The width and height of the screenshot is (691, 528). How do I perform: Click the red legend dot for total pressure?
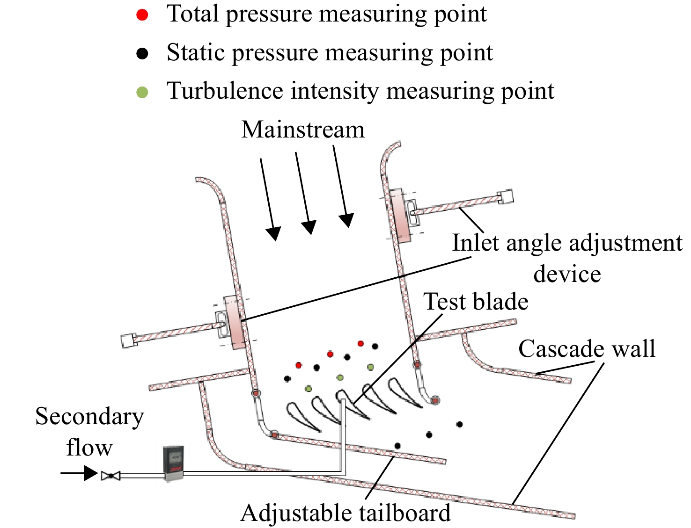pos(142,15)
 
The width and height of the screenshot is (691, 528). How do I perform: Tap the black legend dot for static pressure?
pos(142,53)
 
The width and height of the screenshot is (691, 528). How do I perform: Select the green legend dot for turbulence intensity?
pos(142,93)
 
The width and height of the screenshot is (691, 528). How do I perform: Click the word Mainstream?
pos(303,130)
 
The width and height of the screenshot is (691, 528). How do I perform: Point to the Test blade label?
pos(476,301)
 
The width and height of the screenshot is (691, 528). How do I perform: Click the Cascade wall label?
pos(587,349)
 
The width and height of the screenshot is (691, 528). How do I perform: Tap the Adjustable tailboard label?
pos(345,513)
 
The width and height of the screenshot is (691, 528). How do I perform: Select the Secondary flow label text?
pos(89,432)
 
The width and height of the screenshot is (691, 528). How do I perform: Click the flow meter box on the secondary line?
pos(173,463)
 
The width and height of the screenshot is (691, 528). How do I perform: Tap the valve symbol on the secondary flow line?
pos(110,476)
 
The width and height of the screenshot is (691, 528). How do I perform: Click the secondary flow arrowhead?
pos(91,473)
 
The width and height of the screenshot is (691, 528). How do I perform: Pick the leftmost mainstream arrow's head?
pos(273,233)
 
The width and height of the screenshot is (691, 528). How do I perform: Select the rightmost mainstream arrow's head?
pos(346,220)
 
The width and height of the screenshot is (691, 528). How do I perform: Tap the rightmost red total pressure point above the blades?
pos(361,343)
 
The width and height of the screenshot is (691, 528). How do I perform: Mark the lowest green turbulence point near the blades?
pos(309,389)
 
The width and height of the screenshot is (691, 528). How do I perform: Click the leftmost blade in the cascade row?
pos(302,416)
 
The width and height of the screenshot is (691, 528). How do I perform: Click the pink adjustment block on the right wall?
pos(400,215)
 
